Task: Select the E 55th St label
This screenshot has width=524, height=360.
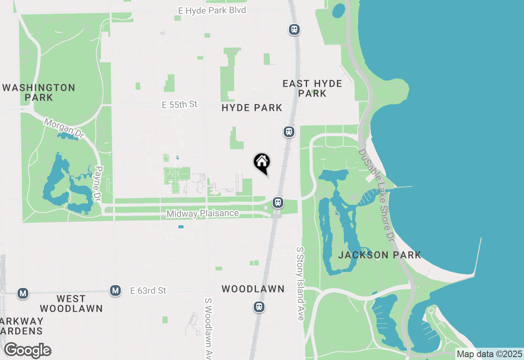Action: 180,105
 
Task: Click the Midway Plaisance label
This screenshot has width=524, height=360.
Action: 203,214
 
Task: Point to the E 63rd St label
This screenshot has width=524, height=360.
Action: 148,291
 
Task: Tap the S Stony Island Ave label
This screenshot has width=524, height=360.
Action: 300,283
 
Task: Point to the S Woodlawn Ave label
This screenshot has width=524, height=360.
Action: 209,327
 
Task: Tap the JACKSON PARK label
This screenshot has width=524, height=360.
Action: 379,255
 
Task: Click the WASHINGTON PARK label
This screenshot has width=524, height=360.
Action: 39,92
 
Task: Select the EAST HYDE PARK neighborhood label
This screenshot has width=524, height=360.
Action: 312,88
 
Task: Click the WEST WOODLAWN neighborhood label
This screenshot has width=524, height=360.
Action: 71,304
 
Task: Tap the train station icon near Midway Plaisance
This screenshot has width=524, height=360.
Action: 278,202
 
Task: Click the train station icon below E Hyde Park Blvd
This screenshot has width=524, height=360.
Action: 294,29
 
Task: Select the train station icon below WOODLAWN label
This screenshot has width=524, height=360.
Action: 259,306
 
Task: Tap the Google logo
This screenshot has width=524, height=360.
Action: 27,350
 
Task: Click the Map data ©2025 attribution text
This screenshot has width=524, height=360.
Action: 489,354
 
